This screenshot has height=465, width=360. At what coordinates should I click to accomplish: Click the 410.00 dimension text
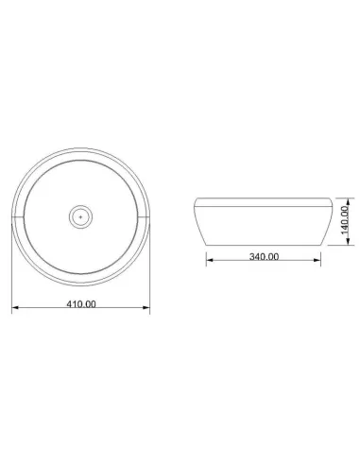[x=82, y=303]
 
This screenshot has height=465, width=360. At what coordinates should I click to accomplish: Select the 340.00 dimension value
[x=264, y=256]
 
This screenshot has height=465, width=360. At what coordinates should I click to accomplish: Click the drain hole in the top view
[x=81, y=216]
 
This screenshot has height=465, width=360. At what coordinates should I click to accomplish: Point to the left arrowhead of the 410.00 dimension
[x=14, y=310]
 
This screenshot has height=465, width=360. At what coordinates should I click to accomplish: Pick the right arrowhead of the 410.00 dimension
[x=148, y=310]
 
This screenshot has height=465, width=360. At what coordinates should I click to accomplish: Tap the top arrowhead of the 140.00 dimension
[x=351, y=199]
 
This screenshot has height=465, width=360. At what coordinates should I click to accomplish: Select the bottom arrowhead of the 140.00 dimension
[x=351, y=242]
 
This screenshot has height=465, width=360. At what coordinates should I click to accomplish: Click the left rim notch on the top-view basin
[x=18, y=216]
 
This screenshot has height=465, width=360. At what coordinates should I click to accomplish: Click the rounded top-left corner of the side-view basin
[x=196, y=199]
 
